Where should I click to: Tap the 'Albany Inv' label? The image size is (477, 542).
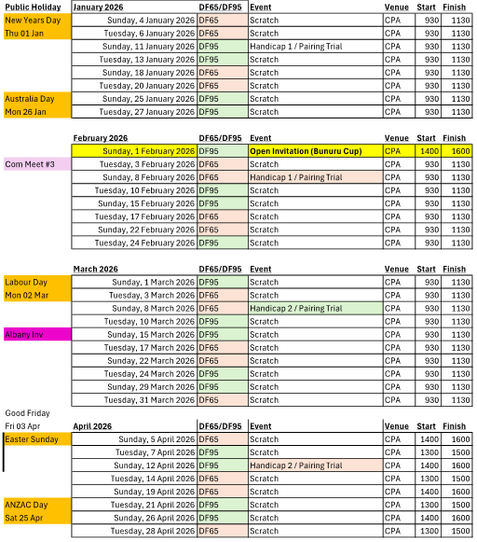click(x=27, y=334)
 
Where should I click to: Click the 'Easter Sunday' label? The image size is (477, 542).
click(x=32, y=438)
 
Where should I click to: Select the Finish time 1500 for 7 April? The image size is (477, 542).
click(x=456, y=452)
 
